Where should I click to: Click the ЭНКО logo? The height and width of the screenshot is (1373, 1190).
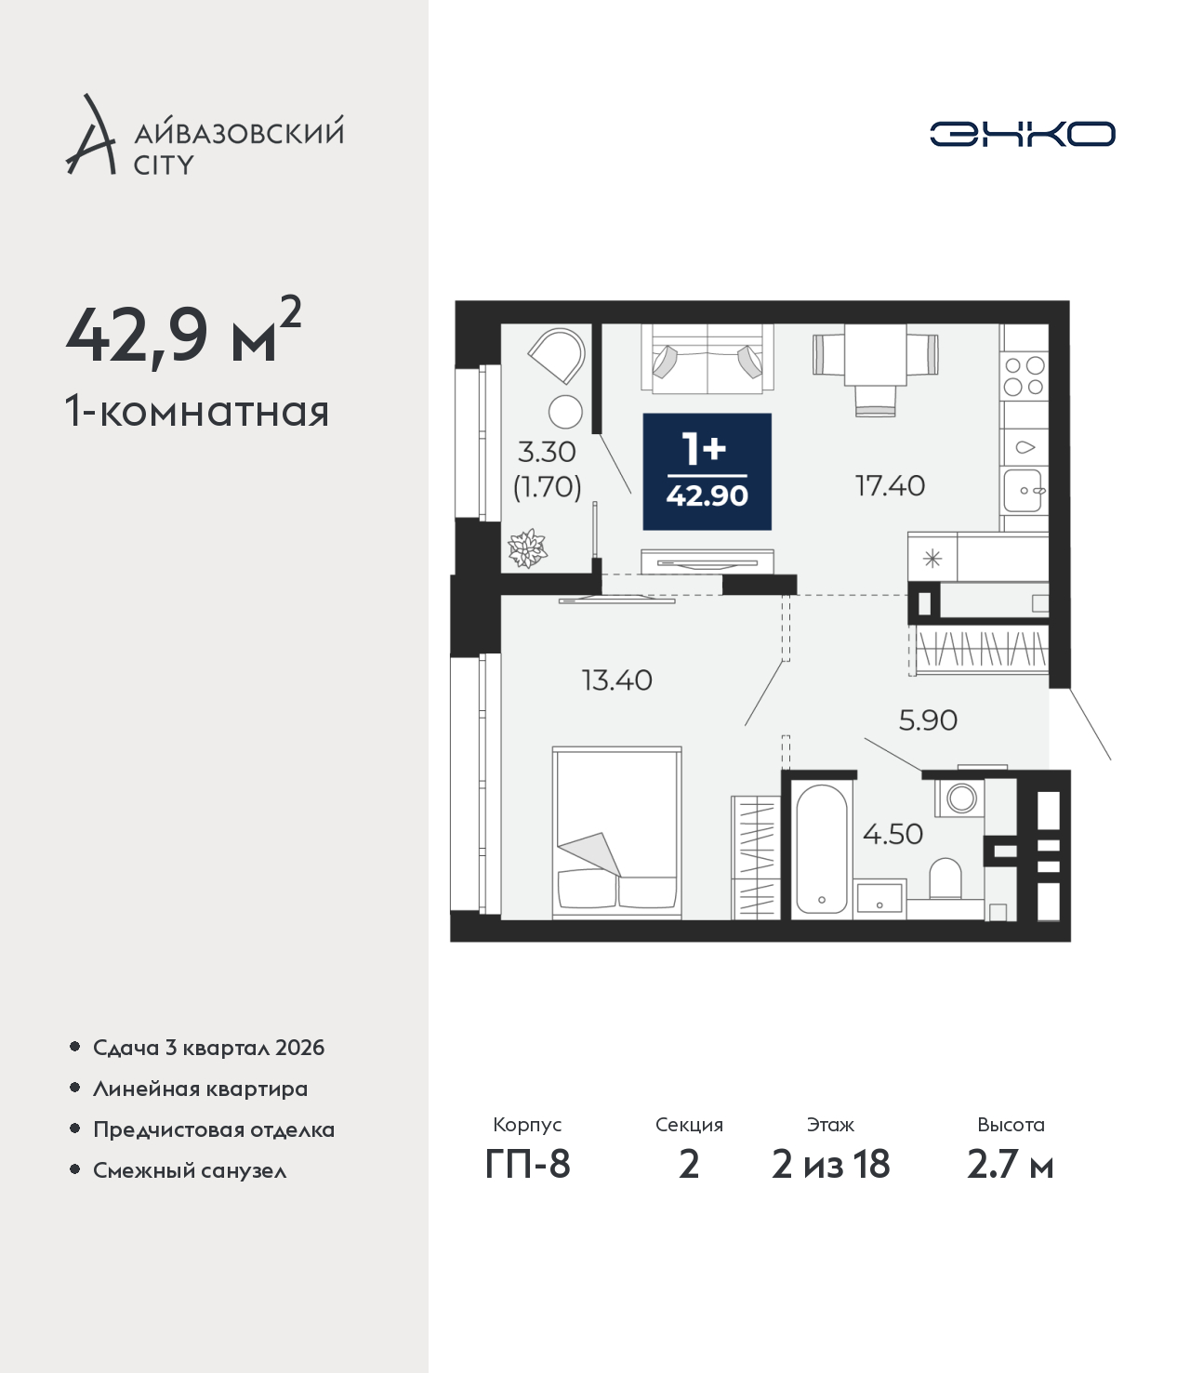point(1022,134)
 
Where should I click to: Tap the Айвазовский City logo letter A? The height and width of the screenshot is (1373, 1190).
point(89,136)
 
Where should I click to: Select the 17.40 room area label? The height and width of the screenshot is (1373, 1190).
point(890,485)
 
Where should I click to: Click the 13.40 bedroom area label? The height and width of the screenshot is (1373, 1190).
point(616,680)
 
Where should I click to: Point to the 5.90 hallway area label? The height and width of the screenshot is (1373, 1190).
point(928,720)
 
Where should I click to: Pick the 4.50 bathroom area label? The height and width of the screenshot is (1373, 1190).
point(892,834)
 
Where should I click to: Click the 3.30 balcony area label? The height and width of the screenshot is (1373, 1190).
point(546,453)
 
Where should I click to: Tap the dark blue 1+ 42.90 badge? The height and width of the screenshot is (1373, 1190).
point(707,471)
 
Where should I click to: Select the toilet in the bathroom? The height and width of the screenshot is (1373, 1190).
point(945,878)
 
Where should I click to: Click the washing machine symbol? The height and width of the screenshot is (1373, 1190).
point(960,797)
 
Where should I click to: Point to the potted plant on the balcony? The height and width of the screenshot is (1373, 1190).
point(527,548)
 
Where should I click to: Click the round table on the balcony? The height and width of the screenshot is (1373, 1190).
point(565,412)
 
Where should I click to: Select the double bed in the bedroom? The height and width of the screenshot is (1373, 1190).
point(616,832)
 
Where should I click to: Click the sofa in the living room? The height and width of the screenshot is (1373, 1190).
point(707,360)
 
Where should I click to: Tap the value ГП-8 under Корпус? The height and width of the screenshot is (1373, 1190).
point(527,1165)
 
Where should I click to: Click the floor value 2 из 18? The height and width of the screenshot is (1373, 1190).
point(830,1165)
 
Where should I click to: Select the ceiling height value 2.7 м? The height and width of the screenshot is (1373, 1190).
point(1010,1165)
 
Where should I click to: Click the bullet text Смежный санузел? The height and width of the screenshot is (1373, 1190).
point(190,1170)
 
